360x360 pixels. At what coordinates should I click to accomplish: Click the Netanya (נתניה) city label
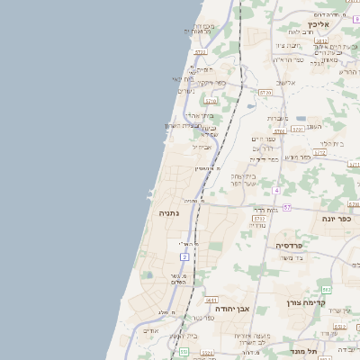(168, 213)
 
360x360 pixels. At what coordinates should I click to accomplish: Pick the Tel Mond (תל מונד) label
(304, 351)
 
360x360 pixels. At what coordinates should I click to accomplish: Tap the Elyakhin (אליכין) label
(325, 24)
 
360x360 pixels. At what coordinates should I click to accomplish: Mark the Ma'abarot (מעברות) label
(276, 117)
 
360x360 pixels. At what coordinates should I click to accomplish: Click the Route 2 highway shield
(184, 257)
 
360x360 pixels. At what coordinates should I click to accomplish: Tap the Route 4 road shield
(277, 191)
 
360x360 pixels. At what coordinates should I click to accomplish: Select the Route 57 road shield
(286, 208)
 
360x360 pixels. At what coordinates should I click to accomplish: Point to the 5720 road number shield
(264, 93)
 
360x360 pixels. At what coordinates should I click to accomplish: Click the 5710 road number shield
(211, 101)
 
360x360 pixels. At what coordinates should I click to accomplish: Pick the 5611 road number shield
(211, 300)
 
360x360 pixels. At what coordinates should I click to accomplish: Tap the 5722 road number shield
(200, 52)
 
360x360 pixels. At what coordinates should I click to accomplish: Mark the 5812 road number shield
(321, 41)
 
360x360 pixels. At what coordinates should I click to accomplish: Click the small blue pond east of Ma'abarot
(300, 119)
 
